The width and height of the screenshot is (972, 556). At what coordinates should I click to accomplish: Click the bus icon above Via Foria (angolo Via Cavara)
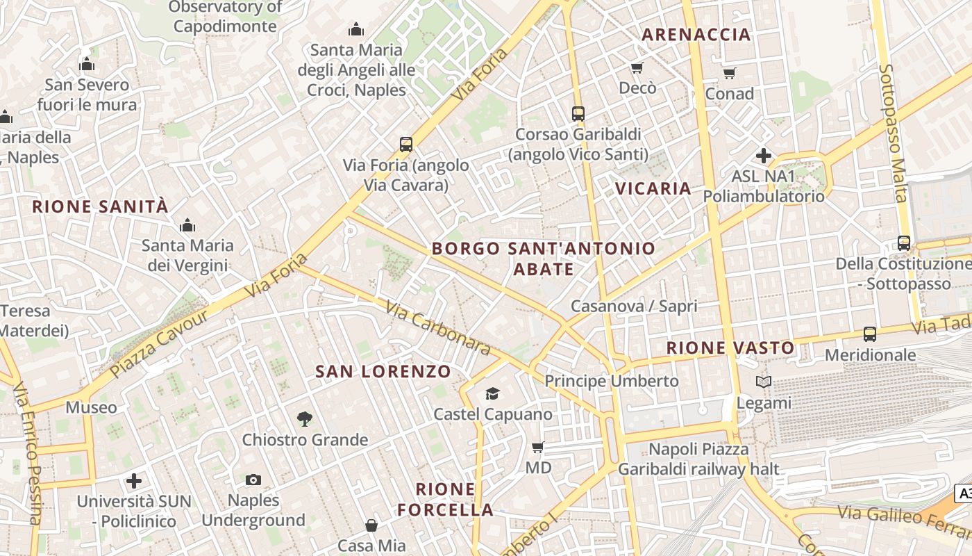[406, 145]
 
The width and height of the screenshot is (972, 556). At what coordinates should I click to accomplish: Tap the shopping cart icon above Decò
[637, 67]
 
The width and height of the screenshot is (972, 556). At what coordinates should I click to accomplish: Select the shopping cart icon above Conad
[729, 73]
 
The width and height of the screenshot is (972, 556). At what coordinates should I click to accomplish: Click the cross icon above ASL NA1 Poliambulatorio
[764, 156]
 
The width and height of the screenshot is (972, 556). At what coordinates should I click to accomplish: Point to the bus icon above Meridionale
[870, 334]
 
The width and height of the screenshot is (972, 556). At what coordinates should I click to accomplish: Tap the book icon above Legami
[764, 382]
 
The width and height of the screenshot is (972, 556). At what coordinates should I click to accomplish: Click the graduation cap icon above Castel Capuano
[492, 393]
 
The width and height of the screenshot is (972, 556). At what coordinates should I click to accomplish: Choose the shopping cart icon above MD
[538, 447]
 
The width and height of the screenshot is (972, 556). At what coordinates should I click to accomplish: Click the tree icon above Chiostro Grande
[304, 418]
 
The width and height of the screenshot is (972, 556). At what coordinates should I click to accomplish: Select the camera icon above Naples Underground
[253, 480]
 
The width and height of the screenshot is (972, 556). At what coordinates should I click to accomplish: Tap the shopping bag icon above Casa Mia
[371, 525]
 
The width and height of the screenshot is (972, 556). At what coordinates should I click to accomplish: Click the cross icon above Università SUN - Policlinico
[134, 480]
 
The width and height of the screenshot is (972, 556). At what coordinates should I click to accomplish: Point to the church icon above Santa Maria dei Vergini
[187, 225]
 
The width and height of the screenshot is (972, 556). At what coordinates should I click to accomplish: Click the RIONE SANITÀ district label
[101, 206]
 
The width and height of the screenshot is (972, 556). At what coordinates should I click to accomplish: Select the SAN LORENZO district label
[383, 371]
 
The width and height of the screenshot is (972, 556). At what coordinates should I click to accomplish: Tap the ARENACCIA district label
[696, 34]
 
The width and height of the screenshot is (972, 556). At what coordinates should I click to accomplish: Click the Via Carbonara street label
[438, 329]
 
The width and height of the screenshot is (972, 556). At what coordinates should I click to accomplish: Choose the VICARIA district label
[653, 188]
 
